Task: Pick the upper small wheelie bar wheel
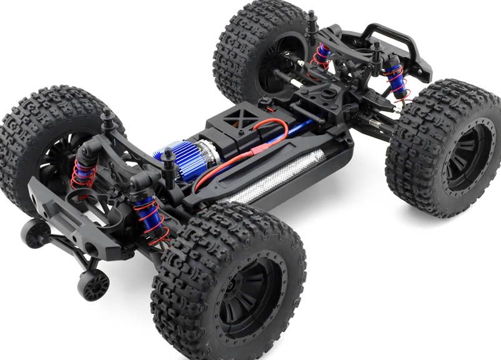pos(36,233)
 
